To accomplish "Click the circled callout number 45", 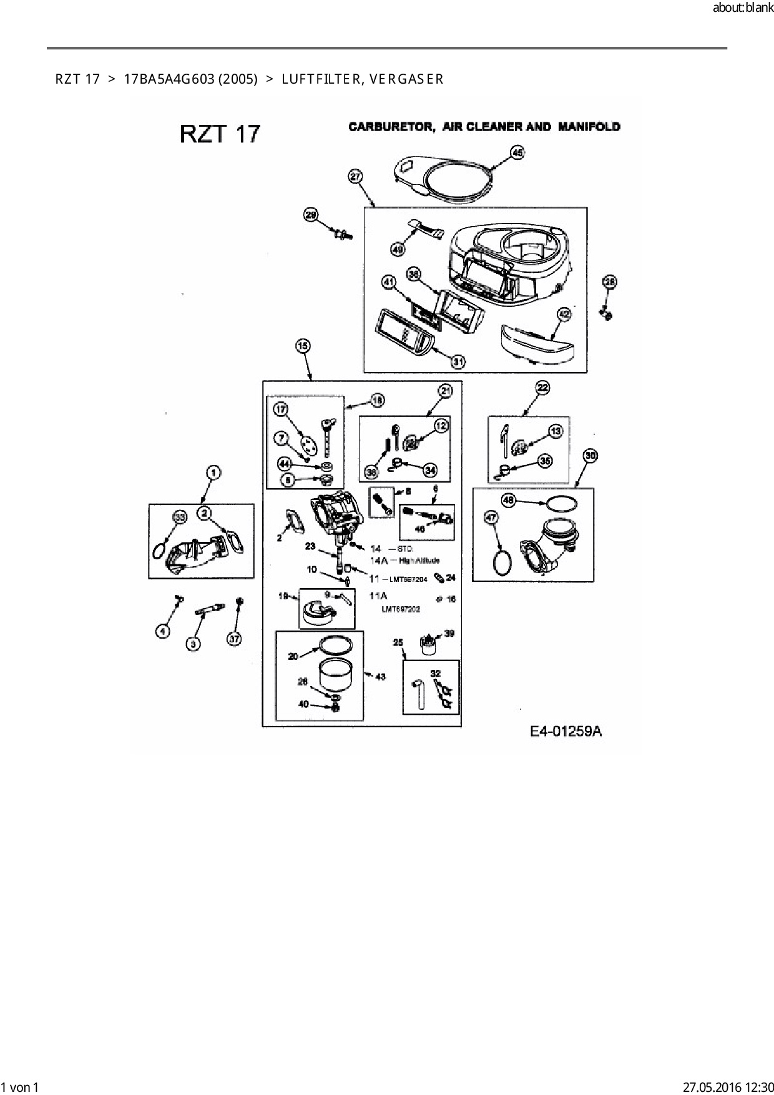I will [x=517, y=152].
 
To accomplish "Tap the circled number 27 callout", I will [x=355, y=177].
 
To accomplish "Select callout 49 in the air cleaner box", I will [x=398, y=250].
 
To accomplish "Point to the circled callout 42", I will [x=564, y=313].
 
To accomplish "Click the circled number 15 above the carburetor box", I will [x=303, y=345].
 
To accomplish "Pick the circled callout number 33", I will [x=180, y=517].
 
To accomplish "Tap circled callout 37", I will [x=234, y=639].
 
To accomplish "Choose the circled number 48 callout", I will [x=509, y=500].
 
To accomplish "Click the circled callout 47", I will [x=491, y=517].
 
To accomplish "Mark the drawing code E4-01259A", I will [x=566, y=732].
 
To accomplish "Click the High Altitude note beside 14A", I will [x=419, y=561].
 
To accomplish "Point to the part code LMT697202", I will [x=401, y=609].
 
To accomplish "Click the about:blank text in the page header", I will [x=743, y=9].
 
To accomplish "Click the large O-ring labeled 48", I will [x=562, y=503].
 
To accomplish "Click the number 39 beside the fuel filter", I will [x=449, y=633].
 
